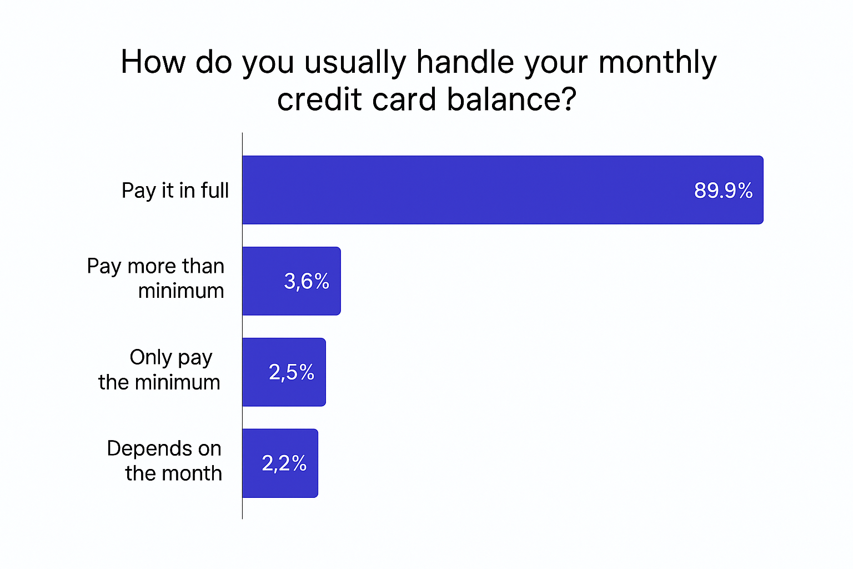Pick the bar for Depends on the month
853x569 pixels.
coord(252,463)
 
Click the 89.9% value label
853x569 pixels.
coord(723,191)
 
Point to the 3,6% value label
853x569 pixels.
coord(307,281)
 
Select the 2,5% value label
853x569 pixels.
coord(292,372)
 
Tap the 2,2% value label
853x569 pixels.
coord(284,463)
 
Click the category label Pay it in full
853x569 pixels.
coord(175,191)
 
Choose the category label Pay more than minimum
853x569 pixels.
coord(156,278)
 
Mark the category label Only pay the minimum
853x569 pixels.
coord(160,370)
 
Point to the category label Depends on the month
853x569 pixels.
coord(165,461)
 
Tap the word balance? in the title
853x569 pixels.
coord(511,100)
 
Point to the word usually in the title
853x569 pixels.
coord(355,62)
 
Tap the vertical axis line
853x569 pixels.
coord(242,333)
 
